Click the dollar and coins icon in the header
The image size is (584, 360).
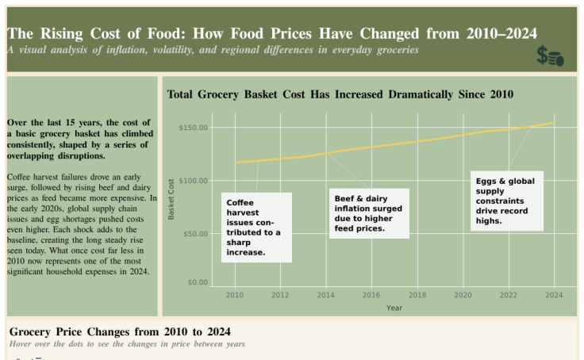pos(550,56)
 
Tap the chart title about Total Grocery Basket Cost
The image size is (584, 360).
pos(340,94)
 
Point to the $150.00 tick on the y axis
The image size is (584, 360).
pos(194,128)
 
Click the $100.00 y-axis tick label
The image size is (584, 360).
pos(194,181)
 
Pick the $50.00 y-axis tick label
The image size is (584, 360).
pos(195,234)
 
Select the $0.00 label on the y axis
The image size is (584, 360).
pos(197,282)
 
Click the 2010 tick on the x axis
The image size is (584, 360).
pos(234,295)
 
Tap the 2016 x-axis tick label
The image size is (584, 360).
pos(371,295)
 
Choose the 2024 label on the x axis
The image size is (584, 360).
pos(554,295)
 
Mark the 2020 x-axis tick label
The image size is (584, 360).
pos(463,295)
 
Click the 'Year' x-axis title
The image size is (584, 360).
pos(394,308)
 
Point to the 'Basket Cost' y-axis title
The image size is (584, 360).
pos(171,198)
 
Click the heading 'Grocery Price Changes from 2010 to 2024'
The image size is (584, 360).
pos(120,331)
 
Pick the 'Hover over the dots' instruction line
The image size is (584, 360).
pos(127,344)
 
